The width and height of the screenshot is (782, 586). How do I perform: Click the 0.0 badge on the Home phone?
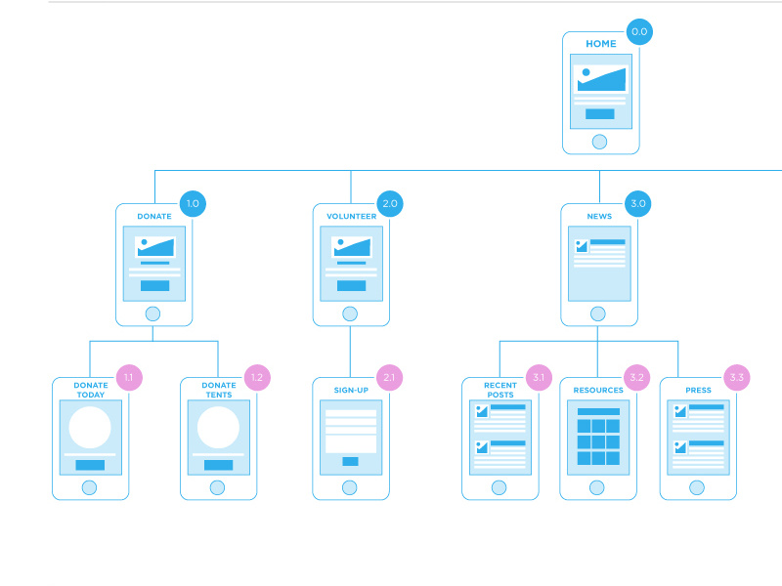pos(639,31)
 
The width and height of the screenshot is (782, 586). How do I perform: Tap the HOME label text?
pos(601,44)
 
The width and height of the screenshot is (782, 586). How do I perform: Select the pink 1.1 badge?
pos(129,377)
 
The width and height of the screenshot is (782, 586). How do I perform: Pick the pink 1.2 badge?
pos(257,377)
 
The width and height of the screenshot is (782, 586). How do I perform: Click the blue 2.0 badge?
pos(390,204)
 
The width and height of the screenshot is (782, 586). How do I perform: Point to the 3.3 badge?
pos(737,377)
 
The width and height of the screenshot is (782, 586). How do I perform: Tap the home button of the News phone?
pos(599,314)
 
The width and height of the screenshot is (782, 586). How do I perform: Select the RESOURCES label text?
pos(598,390)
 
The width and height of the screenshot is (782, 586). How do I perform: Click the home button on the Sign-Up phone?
pos(350,487)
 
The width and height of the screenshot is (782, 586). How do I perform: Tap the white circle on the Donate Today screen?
pos(90,428)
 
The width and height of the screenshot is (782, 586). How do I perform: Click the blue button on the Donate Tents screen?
pos(218,465)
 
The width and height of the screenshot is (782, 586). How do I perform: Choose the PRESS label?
pos(698,390)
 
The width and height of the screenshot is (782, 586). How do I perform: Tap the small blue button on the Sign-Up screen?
pos(350,461)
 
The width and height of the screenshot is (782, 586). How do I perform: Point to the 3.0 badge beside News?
pos(638,204)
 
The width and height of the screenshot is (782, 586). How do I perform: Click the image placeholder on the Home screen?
pos(600,78)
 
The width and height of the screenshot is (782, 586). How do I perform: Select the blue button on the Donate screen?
pos(154,286)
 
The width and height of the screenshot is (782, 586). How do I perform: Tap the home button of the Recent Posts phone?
pos(500,487)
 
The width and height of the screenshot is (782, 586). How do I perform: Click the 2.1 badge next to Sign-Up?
pos(389,377)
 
